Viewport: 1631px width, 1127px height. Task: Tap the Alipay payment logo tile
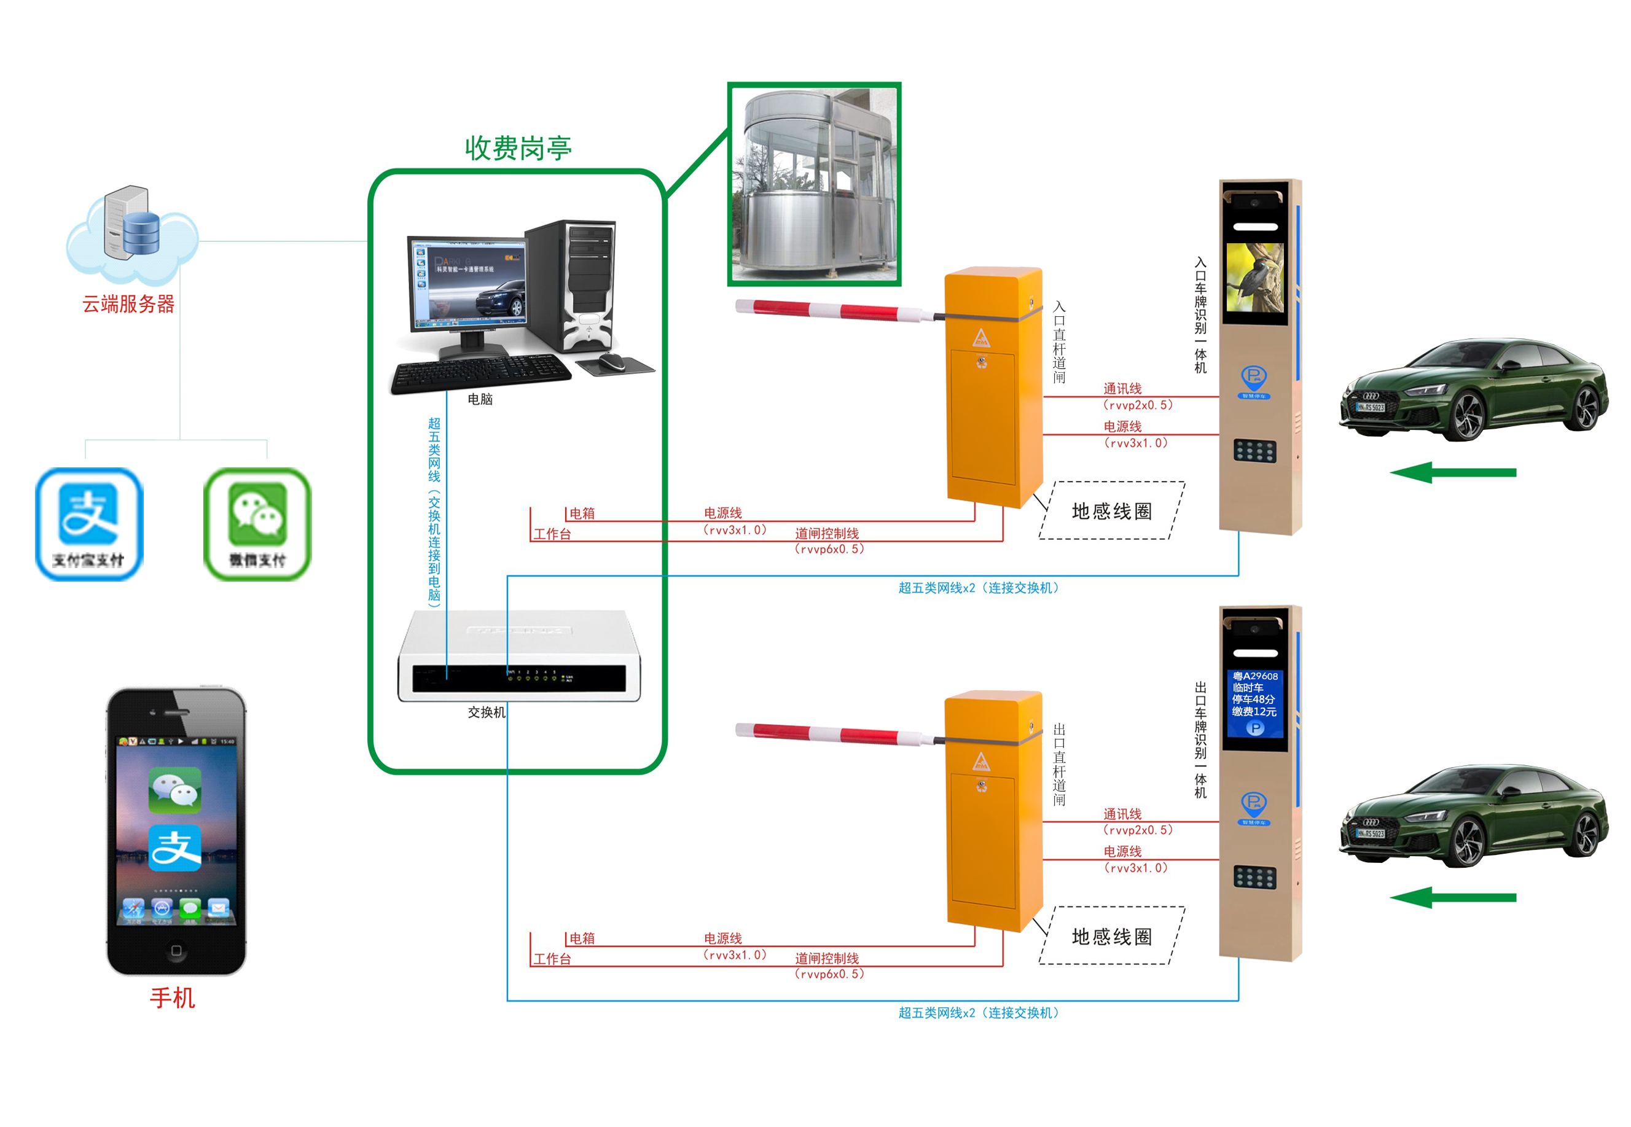(89, 523)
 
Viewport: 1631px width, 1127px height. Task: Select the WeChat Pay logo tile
(257, 523)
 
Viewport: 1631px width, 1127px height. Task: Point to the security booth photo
(814, 184)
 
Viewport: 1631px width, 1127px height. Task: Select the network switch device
(518, 657)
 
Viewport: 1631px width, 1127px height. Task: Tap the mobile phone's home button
(176, 950)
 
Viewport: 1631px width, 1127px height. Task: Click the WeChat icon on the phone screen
(174, 789)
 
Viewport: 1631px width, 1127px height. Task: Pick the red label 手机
(173, 997)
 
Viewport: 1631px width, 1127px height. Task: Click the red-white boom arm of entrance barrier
(826, 311)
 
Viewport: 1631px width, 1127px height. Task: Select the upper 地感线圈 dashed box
(1111, 510)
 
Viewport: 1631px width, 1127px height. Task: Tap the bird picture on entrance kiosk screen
(1254, 278)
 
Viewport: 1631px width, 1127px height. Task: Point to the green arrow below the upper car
(1452, 472)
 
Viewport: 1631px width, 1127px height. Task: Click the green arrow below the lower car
(1452, 897)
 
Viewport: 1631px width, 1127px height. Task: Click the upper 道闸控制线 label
(826, 533)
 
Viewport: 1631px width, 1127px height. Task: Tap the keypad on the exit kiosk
(1254, 877)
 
